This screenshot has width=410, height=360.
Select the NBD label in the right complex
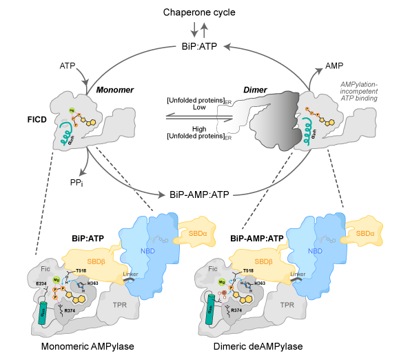coord(315,252)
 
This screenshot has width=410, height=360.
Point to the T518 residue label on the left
coord(81,270)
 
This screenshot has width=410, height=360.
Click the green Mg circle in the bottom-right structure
coord(222,282)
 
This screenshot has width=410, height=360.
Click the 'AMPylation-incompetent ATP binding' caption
coord(359,92)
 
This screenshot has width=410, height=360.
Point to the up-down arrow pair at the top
coord(199,30)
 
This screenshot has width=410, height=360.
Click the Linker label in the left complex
coord(130,274)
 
